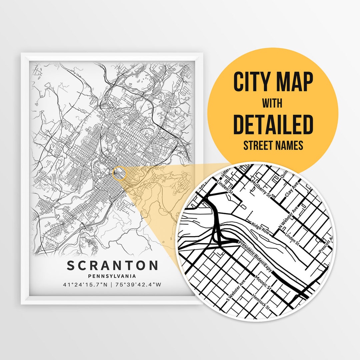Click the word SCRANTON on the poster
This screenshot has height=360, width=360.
tap(112, 266)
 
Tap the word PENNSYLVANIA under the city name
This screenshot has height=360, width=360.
tap(112, 276)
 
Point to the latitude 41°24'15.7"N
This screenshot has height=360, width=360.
tap(85, 285)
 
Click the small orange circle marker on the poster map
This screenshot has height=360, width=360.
tap(120, 174)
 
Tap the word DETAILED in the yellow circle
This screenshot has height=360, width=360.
tap(273, 124)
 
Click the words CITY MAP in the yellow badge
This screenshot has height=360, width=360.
tap(273, 82)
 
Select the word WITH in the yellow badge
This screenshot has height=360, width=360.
tap(273, 104)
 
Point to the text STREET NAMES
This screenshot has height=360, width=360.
tap(273, 145)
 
